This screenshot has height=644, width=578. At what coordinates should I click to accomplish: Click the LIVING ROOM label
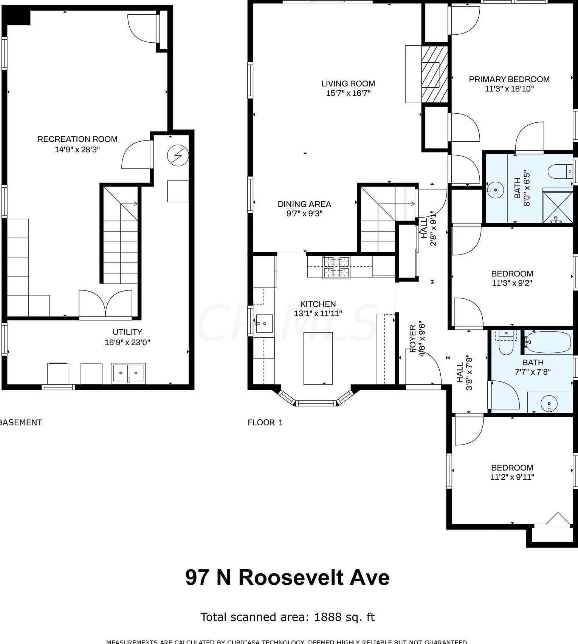(x=348, y=84)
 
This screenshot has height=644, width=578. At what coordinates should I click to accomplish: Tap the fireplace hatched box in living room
(x=434, y=74)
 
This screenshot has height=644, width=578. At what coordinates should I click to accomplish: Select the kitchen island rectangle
(x=318, y=358)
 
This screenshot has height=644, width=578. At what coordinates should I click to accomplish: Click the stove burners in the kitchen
(x=336, y=267)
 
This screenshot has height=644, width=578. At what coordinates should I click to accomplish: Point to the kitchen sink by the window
(x=264, y=323)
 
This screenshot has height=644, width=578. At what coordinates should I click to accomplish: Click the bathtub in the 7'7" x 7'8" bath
(x=548, y=342)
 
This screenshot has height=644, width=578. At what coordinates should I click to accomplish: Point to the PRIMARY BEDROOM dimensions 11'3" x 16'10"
(x=509, y=89)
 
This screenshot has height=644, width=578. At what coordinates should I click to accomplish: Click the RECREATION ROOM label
(x=77, y=139)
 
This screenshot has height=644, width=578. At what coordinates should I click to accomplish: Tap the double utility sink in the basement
(x=128, y=373)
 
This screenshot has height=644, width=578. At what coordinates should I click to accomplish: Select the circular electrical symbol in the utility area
(x=178, y=156)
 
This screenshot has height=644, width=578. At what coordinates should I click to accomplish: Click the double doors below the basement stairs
(x=105, y=304)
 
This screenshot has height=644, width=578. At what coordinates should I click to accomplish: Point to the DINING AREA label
(x=304, y=204)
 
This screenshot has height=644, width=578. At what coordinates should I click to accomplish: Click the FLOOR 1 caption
(x=265, y=423)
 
